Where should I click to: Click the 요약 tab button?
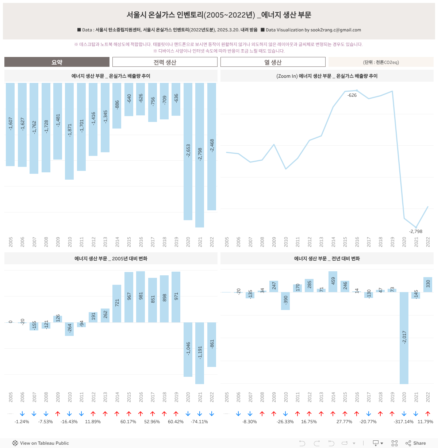point(57,62)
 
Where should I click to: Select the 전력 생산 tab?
point(165,62)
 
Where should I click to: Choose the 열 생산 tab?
point(273,62)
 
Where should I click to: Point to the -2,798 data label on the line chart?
point(416,231)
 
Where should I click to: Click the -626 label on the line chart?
point(352,95)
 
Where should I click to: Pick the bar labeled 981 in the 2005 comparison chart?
point(141,296)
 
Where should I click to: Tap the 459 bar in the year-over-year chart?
point(333,282)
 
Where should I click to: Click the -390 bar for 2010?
point(285,301)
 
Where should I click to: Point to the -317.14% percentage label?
point(404,422)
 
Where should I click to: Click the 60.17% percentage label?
point(128,422)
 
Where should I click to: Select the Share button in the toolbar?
point(416,443)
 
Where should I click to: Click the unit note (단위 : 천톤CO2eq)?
point(381,62)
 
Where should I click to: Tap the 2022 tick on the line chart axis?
point(428,242)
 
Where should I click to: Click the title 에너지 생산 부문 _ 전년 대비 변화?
point(327,259)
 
